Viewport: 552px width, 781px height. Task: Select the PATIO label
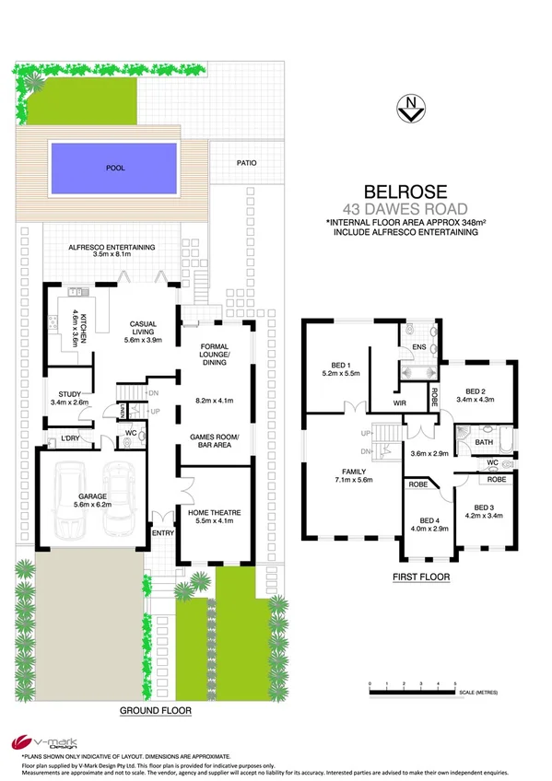point(245,163)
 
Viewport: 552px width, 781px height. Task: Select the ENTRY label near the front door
point(162,531)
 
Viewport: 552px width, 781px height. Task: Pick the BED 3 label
point(484,507)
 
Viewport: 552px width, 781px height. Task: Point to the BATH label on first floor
point(482,443)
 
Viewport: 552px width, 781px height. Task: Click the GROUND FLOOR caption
point(155,711)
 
